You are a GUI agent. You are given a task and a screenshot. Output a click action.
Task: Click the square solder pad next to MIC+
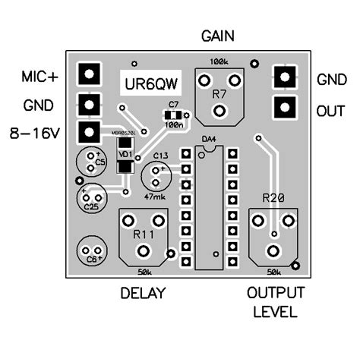coord(90,74)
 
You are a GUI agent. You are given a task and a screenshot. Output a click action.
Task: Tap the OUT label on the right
coord(330,111)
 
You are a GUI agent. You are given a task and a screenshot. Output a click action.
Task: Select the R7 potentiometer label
coord(219,94)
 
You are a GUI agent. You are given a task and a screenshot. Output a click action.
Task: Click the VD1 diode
coord(124,156)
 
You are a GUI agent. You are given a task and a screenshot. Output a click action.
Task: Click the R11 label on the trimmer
coord(144,234)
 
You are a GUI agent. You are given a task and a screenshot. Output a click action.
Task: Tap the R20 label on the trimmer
coord(273,199)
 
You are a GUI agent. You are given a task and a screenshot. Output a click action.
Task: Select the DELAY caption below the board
coord(144,294)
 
